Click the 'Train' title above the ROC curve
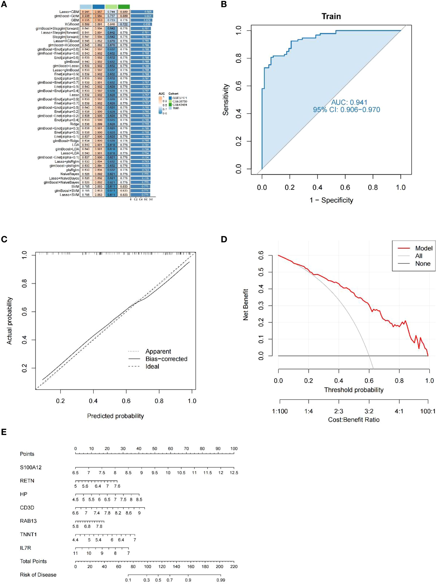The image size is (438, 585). click(331, 16)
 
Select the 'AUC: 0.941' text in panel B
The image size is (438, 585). click(349, 102)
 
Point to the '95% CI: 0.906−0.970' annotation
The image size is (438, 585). click(346, 110)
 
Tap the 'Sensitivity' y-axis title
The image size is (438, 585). click(225, 99)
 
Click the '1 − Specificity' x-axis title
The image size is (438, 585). click(331, 200)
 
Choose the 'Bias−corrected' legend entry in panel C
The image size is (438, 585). click(166, 359)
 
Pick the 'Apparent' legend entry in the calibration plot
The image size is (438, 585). click(158, 352)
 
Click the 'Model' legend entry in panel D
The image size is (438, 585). click(424, 248)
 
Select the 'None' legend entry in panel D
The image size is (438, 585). click(423, 264)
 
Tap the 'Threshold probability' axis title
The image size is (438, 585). click(354, 390)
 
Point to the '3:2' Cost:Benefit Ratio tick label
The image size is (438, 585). click(369, 411)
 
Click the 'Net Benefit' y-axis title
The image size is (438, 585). click(246, 305)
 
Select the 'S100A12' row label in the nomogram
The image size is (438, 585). click(31, 468)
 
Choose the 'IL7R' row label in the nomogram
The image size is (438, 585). click(25, 548)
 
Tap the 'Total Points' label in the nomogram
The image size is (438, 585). click(33, 561)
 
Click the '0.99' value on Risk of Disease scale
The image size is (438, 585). click(221, 580)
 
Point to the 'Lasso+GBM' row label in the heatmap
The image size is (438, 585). click(69, 12)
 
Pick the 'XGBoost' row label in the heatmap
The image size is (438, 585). click(72, 24)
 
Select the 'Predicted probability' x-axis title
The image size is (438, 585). click(116, 416)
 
